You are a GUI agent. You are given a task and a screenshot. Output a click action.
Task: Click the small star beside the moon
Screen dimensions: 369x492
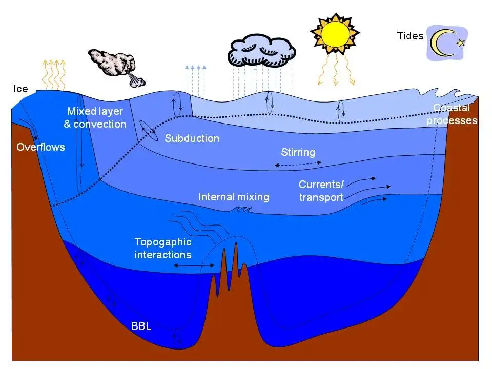coord(460,43)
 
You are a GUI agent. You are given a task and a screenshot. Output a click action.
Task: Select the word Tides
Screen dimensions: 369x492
coord(410,36)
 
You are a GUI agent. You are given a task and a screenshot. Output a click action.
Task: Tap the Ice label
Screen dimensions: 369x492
coord(20,89)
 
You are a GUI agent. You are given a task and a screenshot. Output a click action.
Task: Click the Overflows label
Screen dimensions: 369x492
coord(40,147)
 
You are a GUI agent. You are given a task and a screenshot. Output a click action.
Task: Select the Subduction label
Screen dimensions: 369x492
coord(192,138)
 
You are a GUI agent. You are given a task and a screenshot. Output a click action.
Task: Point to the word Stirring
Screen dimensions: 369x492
coord(298,152)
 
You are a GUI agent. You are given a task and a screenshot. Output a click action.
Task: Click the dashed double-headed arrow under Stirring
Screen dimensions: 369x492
coord(298,163)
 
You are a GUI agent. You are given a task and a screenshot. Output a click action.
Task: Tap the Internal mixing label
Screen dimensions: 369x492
coord(234,197)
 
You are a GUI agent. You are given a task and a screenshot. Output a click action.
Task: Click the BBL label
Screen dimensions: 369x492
coord(141,326)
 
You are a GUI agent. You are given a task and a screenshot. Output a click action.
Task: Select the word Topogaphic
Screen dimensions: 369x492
coord(162,242)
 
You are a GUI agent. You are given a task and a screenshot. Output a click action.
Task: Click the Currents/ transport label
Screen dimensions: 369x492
coord(321,191)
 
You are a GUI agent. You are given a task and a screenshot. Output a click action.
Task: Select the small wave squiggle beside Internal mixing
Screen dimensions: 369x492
coord(241,209)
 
